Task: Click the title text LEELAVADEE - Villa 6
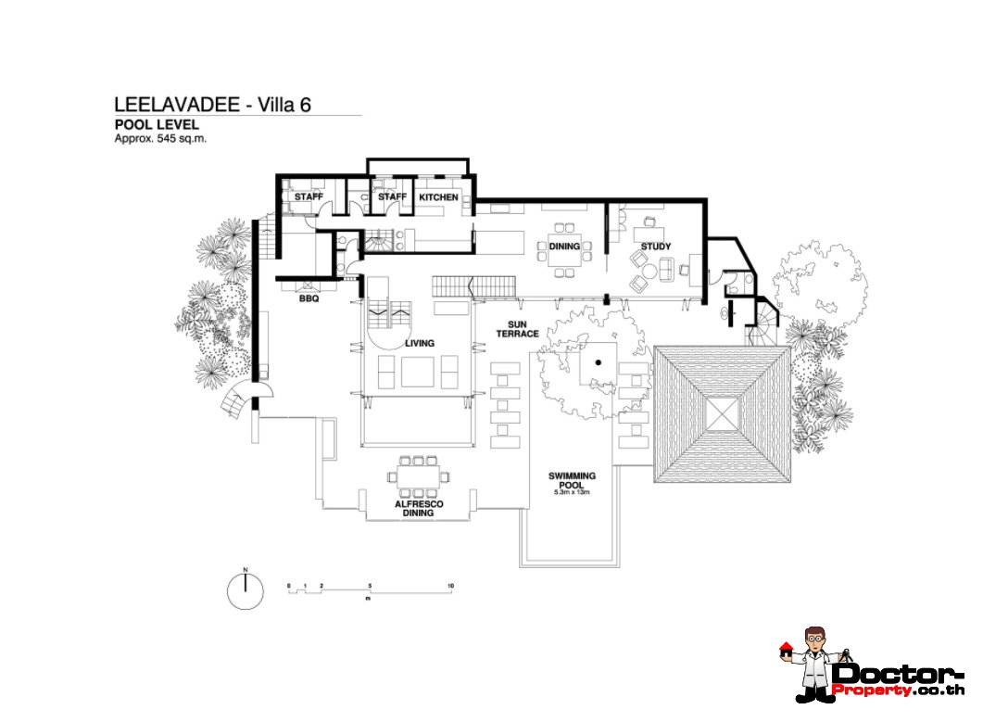212,105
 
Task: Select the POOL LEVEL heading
157,124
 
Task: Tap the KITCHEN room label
438,197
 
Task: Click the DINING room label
564,247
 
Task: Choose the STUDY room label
656,247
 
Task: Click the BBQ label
309,299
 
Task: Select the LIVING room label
419,344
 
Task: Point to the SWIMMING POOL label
572,480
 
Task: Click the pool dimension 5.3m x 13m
572,493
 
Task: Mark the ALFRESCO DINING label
419,508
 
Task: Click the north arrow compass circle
246,591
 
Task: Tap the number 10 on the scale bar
449,586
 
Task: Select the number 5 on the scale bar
370,586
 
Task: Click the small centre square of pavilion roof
722,412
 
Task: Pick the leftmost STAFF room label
309,197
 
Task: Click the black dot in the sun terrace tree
599,362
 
